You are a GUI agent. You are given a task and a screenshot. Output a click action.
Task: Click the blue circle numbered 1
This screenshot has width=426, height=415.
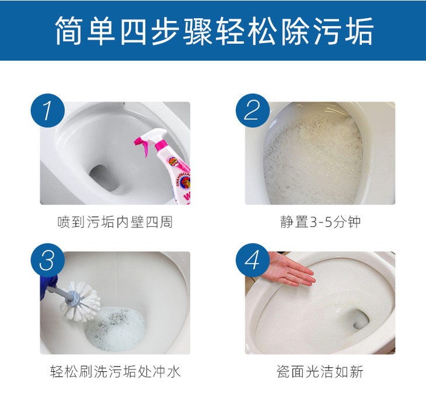tap(47, 111)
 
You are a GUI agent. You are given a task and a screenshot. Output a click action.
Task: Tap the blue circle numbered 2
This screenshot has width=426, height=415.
tap(253, 111)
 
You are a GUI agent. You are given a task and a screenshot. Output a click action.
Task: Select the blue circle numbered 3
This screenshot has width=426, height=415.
tap(47, 261)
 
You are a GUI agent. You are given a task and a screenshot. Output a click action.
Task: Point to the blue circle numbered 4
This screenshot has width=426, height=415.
tap(253, 261)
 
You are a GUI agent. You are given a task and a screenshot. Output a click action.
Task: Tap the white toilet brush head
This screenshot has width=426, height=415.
tap(81, 301)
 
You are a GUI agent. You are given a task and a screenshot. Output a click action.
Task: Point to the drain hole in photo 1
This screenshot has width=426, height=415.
tap(104, 178)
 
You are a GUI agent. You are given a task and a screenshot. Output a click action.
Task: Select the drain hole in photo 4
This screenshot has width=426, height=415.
tap(359, 318)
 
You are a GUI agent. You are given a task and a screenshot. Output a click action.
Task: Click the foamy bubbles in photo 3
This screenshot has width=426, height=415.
tap(116, 328)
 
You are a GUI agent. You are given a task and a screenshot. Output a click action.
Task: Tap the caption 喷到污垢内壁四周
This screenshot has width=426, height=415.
tap(115, 222)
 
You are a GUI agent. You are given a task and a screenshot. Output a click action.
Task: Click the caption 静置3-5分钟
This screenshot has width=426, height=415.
tap(320, 222)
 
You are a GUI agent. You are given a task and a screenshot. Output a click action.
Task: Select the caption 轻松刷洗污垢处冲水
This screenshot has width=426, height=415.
tap(115, 371)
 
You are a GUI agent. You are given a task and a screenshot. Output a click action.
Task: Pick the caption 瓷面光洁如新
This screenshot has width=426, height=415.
tap(320, 371)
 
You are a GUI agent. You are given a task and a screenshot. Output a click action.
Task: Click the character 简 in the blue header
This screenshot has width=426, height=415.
tap(69, 30)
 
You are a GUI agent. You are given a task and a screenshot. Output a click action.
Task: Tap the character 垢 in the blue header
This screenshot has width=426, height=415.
tap(359, 30)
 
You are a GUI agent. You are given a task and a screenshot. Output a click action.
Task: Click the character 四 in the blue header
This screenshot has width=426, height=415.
tap(134, 30)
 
